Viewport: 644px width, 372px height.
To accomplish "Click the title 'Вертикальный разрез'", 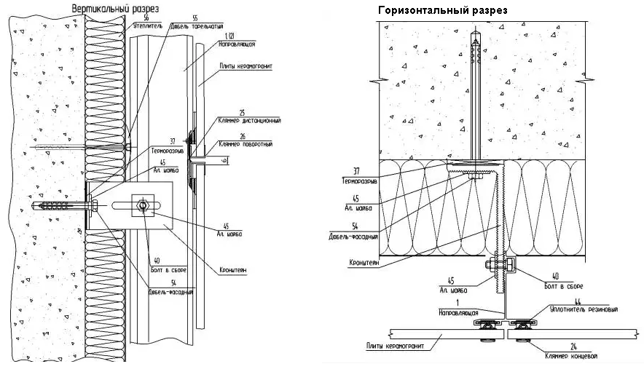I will coord(116,7).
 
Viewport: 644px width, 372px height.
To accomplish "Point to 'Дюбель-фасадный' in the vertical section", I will coord(170,292).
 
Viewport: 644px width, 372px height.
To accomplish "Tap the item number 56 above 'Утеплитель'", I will coord(146,16).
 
